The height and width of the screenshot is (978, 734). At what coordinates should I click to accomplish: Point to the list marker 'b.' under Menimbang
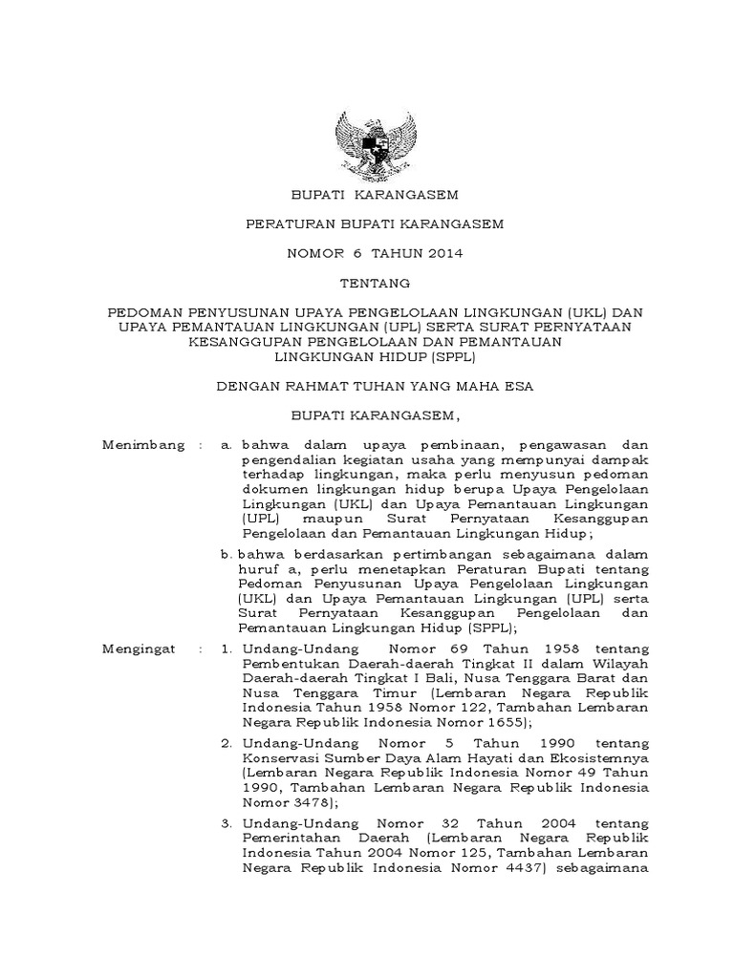[x=227, y=553]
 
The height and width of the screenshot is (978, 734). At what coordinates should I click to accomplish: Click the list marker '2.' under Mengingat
[x=227, y=742]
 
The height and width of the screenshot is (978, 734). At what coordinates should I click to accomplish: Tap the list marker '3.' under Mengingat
[x=227, y=822]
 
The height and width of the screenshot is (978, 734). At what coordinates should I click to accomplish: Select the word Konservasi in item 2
[x=279, y=757]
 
